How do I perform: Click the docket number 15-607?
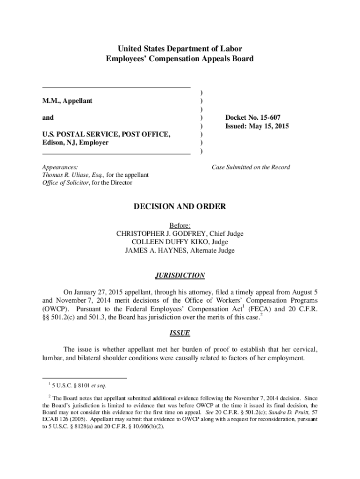(265, 117)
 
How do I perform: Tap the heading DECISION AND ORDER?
(180, 206)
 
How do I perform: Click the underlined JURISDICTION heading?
(180, 276)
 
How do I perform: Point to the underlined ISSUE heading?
(180, 334)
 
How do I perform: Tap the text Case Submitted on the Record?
(251, 167)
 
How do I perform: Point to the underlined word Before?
(180, 225)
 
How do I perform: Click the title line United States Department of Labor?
(180, 49)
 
